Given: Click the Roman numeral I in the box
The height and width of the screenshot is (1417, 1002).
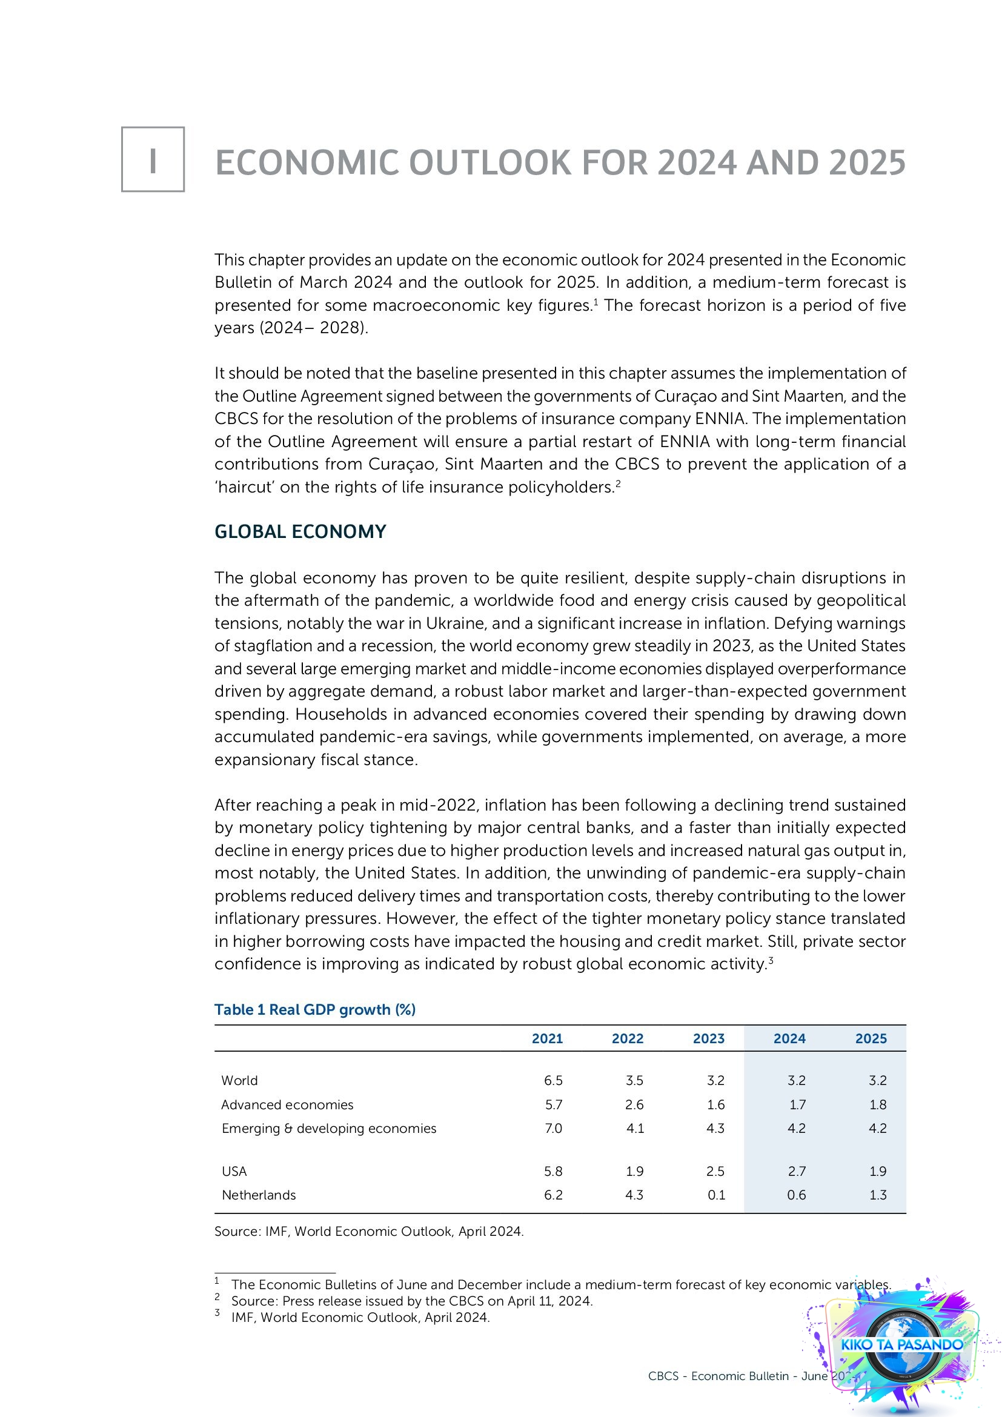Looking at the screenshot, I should coord(153,160).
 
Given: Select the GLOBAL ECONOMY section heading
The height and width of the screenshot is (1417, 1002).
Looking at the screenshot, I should coord(300,531).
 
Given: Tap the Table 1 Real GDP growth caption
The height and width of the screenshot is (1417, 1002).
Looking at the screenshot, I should coord(314,1010).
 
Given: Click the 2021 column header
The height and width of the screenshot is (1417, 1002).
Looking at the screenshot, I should coord(546,1039).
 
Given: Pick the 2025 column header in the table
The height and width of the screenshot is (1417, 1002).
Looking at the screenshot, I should coord(871,1039).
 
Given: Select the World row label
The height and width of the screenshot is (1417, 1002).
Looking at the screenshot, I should coord(239,1081).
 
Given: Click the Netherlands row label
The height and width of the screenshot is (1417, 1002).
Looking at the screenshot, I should coord(259,1195).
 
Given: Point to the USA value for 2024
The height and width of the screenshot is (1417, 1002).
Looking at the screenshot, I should coord(796,1172).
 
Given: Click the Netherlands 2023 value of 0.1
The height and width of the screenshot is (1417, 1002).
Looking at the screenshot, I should coord(715,1195).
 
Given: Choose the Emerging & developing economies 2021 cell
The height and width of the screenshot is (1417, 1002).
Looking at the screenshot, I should coord(553,1128).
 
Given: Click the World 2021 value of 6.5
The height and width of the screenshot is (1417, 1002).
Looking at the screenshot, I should coord(553,1081).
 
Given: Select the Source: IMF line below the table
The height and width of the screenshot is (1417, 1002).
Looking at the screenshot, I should coord(369,1231).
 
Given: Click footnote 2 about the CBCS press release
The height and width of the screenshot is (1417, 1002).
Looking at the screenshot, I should coord(411,1301).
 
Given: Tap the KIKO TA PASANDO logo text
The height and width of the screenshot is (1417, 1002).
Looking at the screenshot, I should coord(901,1345).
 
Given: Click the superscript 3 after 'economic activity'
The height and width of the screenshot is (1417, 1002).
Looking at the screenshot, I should coord(771,960).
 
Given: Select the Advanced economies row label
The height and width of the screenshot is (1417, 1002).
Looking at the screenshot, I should coord(287,1105).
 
